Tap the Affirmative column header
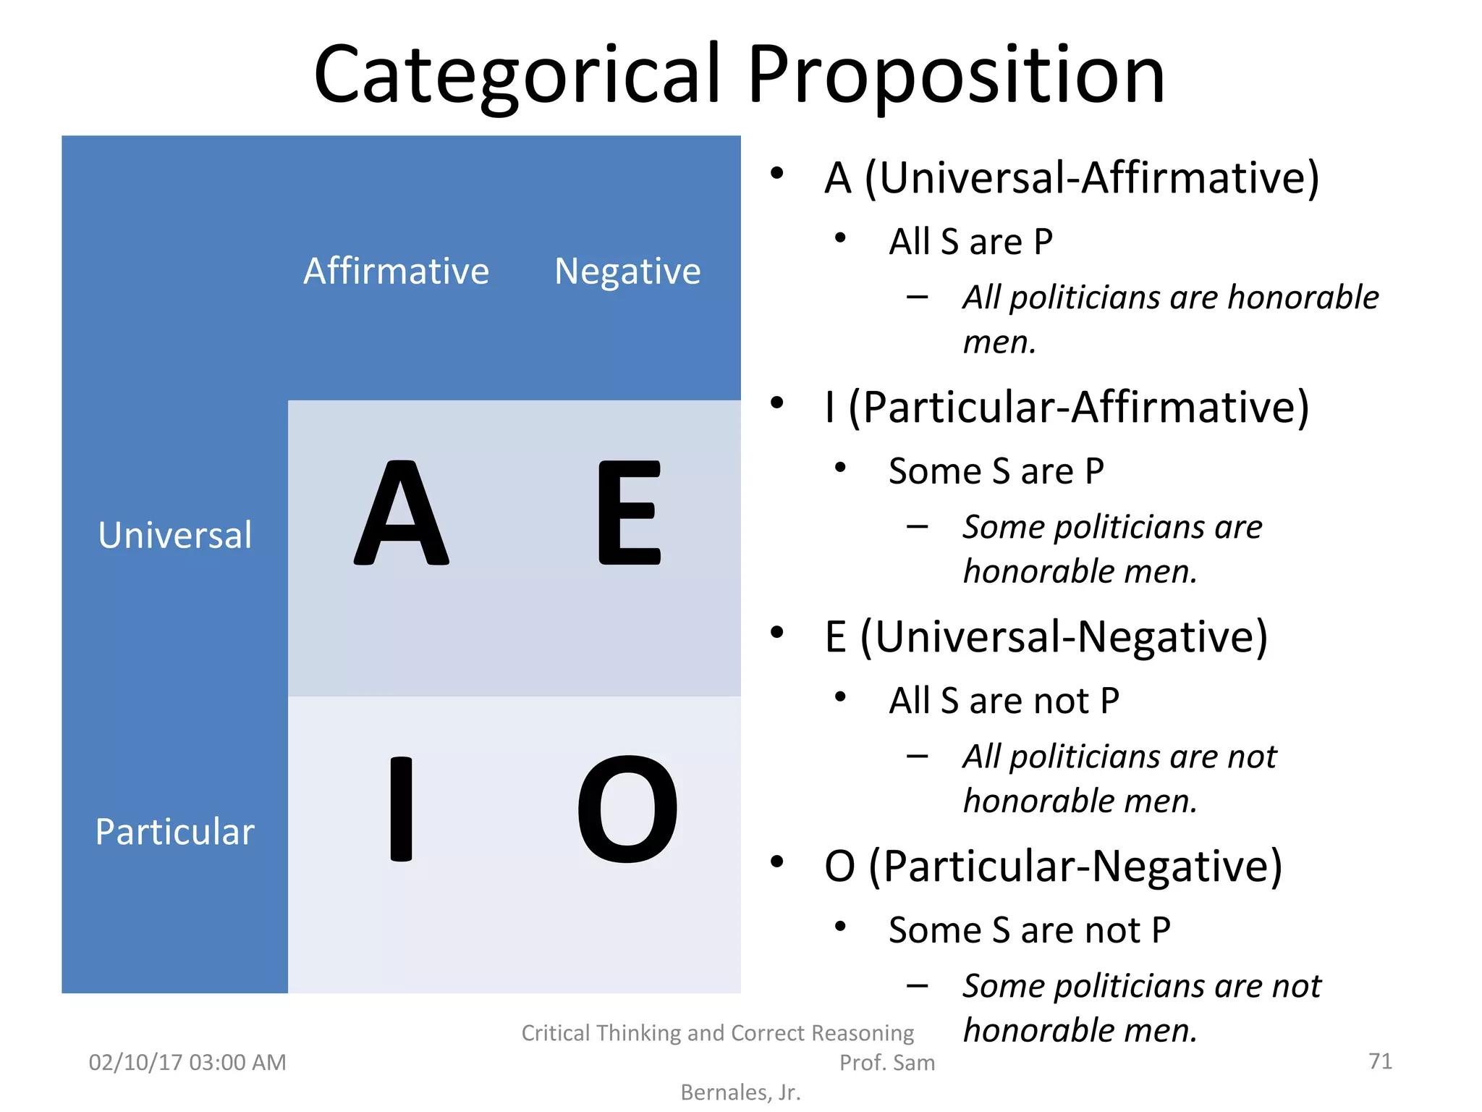tap(396, 271)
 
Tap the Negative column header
tap(627, 271)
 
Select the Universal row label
tap(175, 536)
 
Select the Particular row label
tap(175, 832)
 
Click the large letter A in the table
tap(402, 513)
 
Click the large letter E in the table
tap(629, 513)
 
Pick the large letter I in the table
tap(402, 809)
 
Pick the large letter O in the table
tap(627, 809)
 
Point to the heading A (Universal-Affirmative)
tap(1072, 178)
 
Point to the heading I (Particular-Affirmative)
tap(1067, 408)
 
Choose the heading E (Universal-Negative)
tap(1046, 637)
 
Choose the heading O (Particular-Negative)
tap(1053, 867)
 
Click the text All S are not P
tap(1004, 701)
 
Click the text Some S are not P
tap(1029, 930)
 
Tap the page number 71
tap(1380, 1061)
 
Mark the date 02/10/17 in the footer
tap(135, 1063)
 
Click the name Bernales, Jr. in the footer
tap(740, 1092)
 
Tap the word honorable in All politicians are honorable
tap(1303, 298)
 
